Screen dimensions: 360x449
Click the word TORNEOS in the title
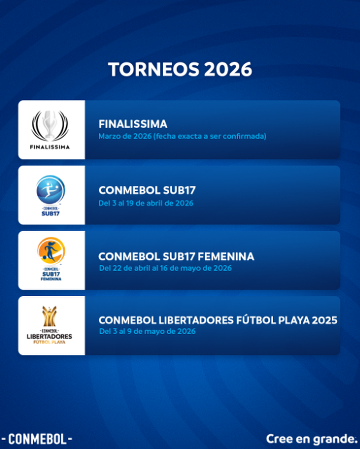coord(153,69)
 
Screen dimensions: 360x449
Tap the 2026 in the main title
coord(228,69)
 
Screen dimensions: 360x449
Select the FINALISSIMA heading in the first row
coord(133,124)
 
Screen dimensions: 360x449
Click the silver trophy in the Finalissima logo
coord(50,124)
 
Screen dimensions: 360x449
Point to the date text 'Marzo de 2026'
coord(125,137)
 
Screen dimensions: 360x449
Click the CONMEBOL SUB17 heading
coord(147,190)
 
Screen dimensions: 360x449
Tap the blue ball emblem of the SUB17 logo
coord(51,190)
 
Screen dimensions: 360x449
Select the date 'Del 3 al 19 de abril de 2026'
coord(146,204)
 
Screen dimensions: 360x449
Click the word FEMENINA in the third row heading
coord(226,257)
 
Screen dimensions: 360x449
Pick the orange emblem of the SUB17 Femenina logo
coord(51,250)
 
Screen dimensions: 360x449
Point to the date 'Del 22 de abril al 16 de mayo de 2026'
coord(165,268)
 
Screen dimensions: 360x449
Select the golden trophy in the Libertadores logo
coord(50,316)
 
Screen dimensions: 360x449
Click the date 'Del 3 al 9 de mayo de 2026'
coord(147,331)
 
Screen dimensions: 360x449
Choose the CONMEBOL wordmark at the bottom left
coord(37,439)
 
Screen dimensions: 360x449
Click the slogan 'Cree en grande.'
coord(311,439)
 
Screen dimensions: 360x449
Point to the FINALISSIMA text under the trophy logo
coord(50,147)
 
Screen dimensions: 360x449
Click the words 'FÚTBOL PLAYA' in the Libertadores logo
coord(49,342)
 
